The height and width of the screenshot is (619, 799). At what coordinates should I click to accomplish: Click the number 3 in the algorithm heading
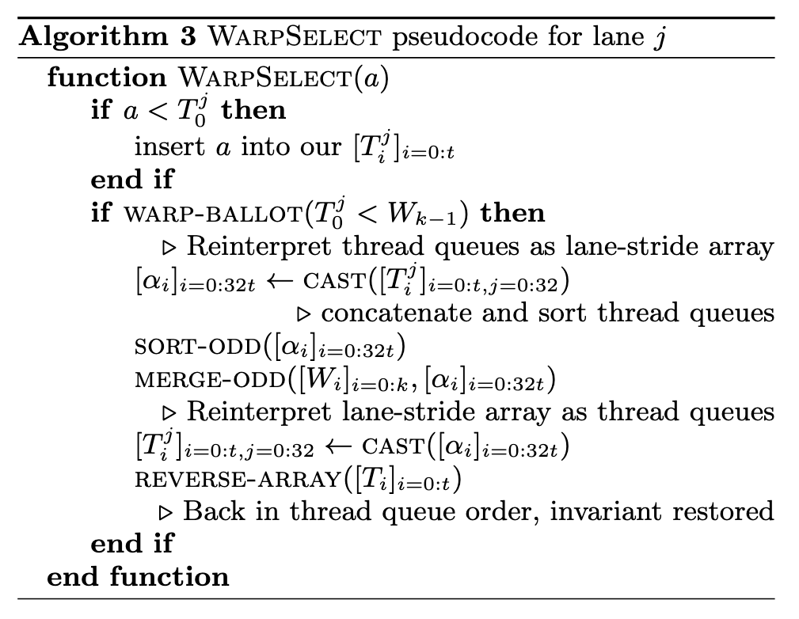click(185, 38)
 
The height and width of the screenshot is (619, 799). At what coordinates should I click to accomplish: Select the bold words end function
click(138, 575)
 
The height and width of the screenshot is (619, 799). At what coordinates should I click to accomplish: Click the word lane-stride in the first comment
click(606, 247)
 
